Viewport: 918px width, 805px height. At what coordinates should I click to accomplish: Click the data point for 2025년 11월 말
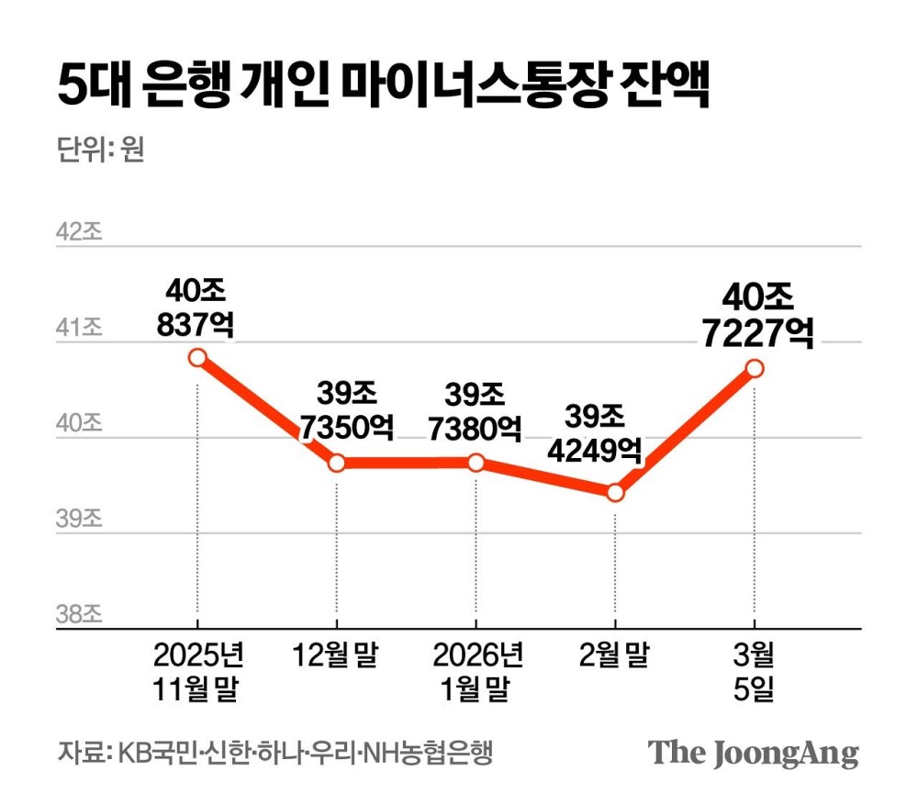196,357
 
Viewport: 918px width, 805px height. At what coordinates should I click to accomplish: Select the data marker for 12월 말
337,463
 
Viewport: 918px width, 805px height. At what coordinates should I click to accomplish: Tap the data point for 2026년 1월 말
476,463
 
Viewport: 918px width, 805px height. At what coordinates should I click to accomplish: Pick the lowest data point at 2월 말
615,493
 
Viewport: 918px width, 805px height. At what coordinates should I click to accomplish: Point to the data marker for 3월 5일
755,368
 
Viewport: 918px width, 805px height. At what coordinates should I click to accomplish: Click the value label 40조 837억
196,307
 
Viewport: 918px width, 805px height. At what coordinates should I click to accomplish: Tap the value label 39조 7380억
476,410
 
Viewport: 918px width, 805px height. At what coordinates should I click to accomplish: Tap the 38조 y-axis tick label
79,614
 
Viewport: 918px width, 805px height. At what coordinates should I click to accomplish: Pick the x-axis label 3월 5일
755,673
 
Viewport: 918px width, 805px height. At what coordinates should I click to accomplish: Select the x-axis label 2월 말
614,657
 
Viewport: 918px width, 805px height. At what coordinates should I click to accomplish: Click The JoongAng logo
754,753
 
